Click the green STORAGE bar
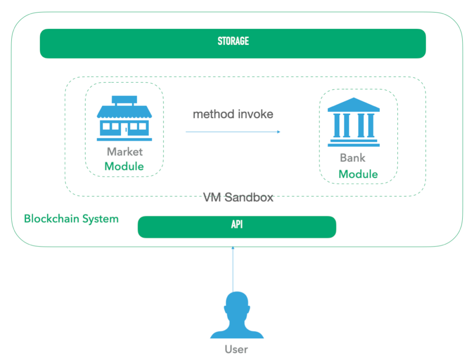click(233, 43)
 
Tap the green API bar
click(237, 227)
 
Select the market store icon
click(124, 119)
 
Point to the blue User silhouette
click(237, 316)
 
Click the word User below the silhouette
click(236, 349)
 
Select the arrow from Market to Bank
click(233, 132)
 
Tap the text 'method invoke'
click(233, 115)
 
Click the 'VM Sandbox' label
click(238, 198)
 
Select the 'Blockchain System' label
click(71, 219)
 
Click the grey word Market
click(125, 152)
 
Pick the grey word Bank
click(352, 158)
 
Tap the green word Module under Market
click(124, 166)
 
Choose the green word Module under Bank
click(358, 174)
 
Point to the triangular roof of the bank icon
click(353, 104)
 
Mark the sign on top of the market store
click(124, 100)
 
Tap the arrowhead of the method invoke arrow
click(278, 132)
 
